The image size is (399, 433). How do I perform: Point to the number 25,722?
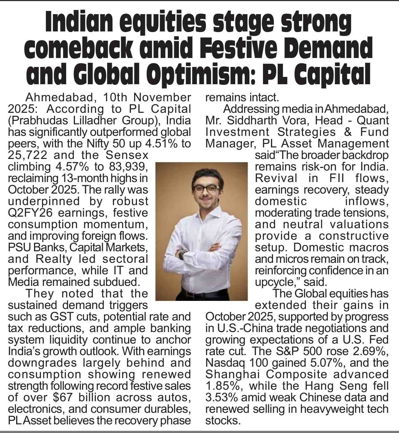pos(28,155)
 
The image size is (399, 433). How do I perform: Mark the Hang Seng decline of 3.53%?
pos(221,398)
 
